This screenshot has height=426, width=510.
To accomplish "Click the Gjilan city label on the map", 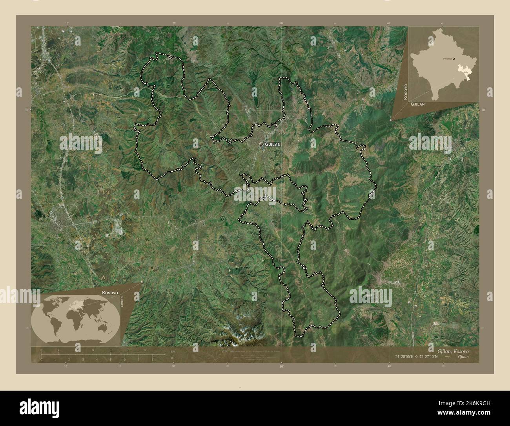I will click(273, 145).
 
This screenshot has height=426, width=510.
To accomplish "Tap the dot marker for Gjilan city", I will click(261, 145).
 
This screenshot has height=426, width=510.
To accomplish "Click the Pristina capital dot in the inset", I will click(454, 59).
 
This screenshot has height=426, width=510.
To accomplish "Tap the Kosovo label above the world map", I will click(110, 293).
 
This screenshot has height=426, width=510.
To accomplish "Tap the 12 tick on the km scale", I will click(145, 350).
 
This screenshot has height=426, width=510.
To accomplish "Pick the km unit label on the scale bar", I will click(173, 351).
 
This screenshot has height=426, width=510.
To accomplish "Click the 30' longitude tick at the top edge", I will click(281, 24).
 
